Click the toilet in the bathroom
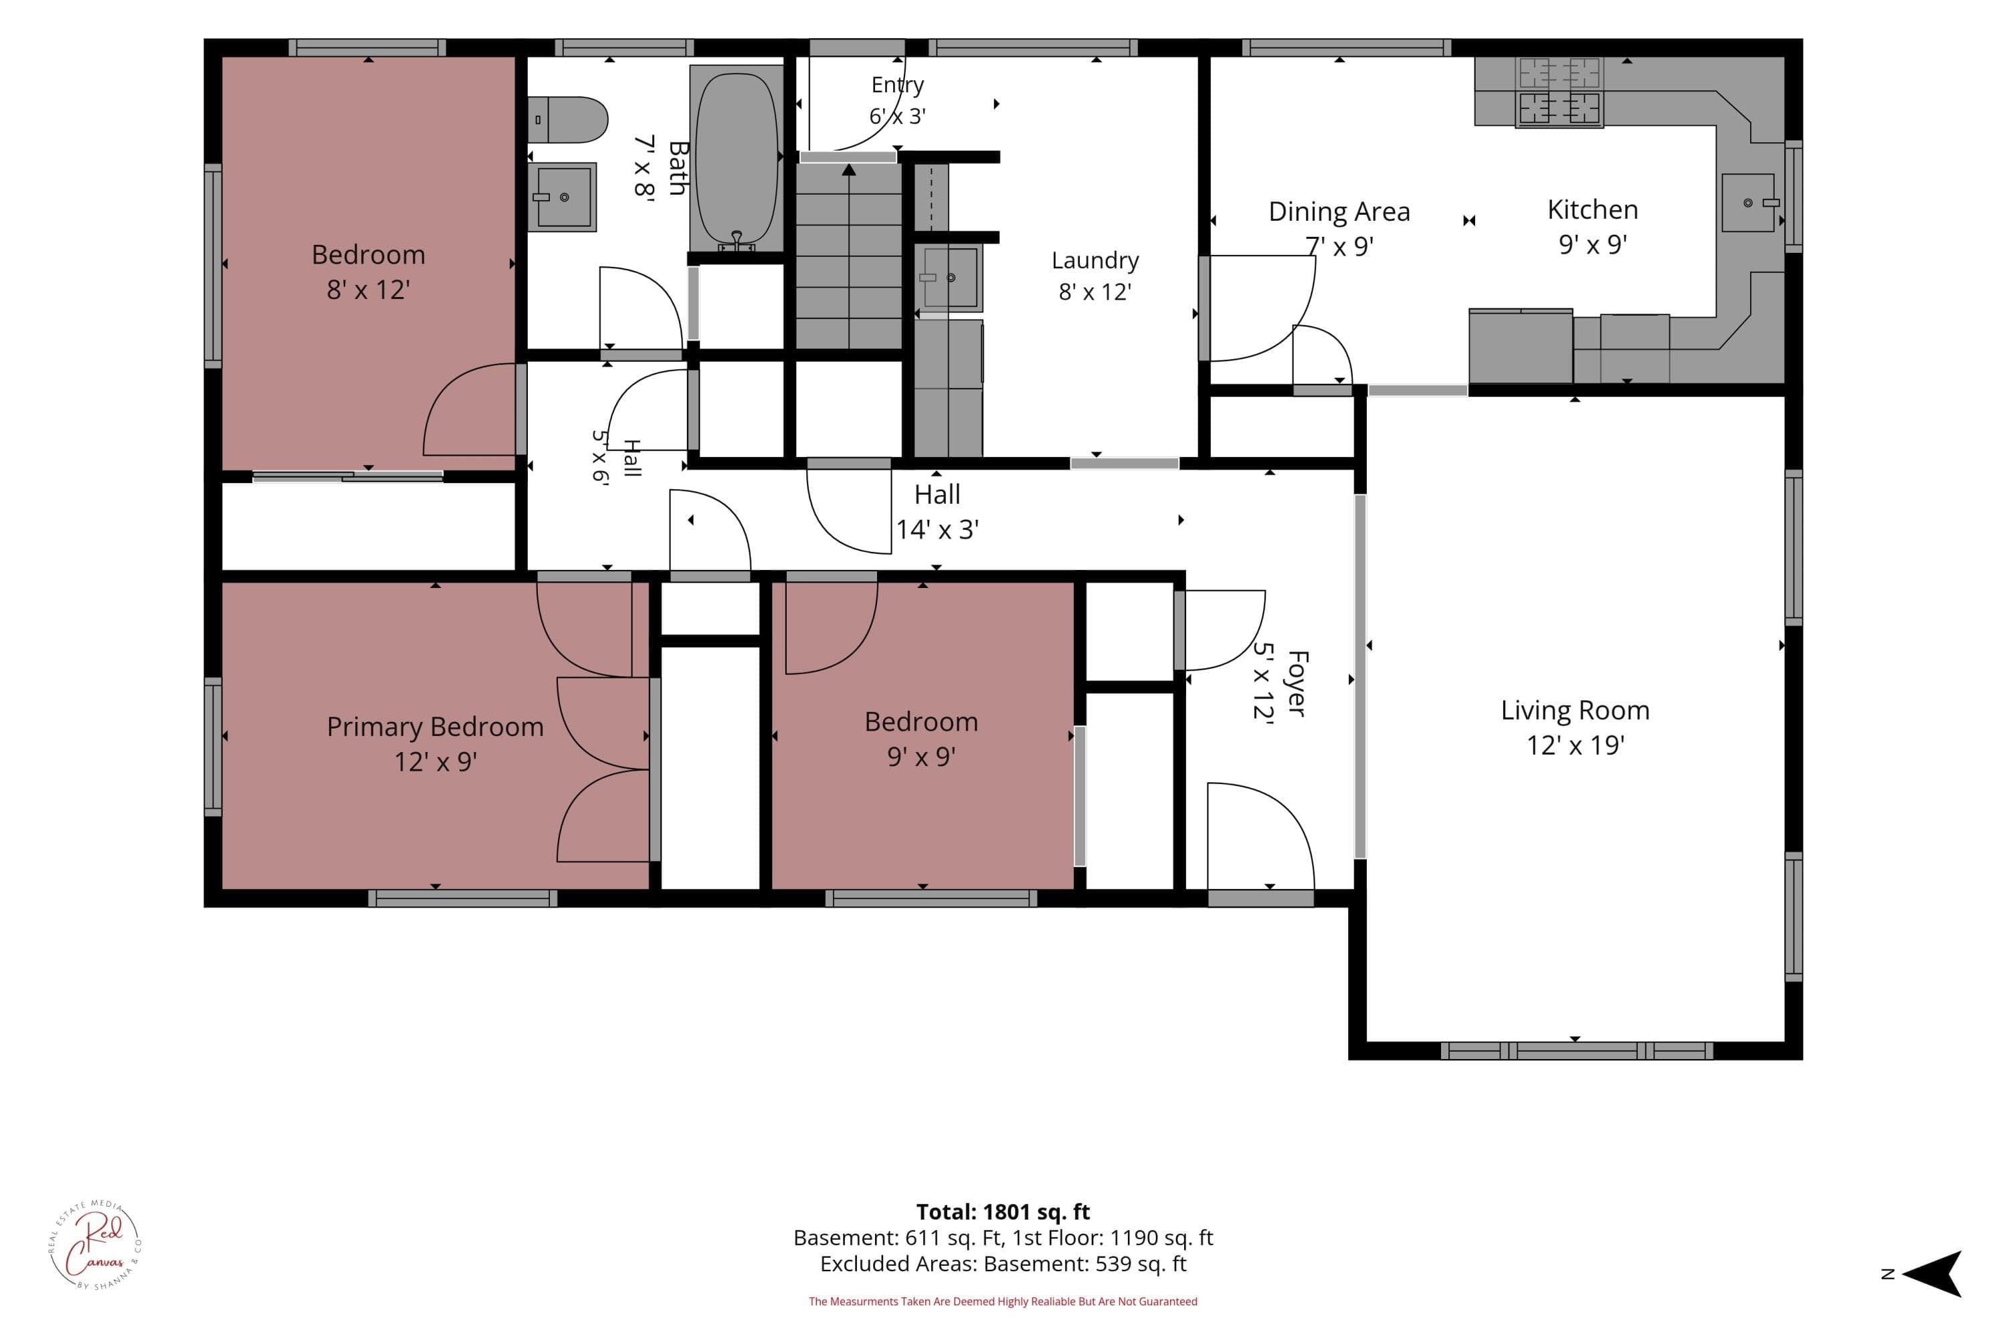pos(567,120)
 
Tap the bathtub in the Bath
pos(737,158)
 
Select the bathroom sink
pos(561,197)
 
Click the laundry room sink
pos(948,278)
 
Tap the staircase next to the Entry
pos(849,256)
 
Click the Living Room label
pos(1575,710)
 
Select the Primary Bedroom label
pos(436,727)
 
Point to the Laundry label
pos(1094,260)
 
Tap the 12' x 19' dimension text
pos(1575,745)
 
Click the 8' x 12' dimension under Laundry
pos(1094,292)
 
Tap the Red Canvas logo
pos(95,1245)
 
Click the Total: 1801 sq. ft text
pos(1003,1212)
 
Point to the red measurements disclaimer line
pos(1003,1301)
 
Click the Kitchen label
pos(1592,210)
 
